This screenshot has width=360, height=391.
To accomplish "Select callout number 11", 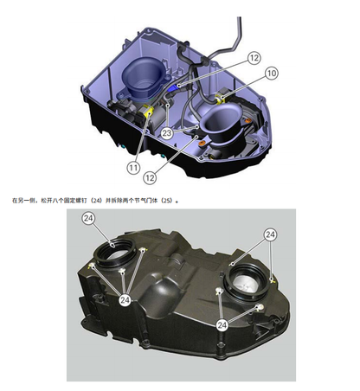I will click(133, 166).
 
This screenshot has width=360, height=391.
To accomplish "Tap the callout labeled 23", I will click(166, 133).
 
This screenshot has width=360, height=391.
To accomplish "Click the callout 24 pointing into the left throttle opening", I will click(89, 220).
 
